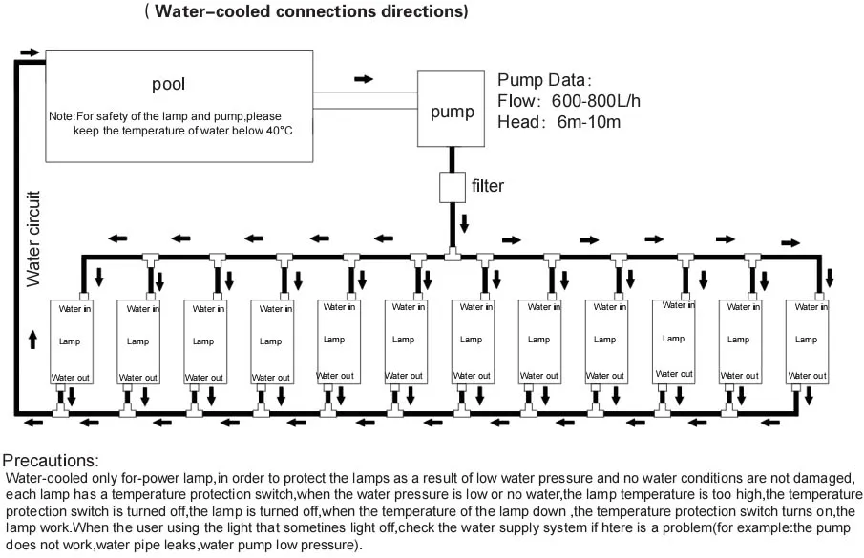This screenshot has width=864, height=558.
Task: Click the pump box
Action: tap(452, 112)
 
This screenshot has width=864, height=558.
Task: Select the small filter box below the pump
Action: tap(452, 186)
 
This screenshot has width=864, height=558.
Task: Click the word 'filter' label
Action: tap(488, 185)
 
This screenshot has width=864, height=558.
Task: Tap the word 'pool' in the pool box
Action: tap(168, 84)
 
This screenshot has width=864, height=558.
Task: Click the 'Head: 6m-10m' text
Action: tap(559, 122)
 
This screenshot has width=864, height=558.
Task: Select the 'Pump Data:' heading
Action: tap(545, 79)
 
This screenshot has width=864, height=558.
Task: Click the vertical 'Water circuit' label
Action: tap(33, 239)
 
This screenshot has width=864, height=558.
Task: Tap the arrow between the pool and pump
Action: tap(364, 78)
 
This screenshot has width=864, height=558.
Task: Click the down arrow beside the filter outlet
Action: tap(465, 223)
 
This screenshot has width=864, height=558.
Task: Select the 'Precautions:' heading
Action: tap(51, 460)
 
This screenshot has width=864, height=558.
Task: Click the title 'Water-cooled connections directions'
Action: tap(306, 12)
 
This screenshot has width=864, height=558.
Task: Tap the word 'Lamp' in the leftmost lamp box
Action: tap(68, 341)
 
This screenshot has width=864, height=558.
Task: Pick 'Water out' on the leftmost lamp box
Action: tap(71, 377)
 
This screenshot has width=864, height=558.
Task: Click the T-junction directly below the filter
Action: tap(452, 256)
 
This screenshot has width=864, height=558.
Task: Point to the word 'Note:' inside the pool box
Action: tap(62, 115)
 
